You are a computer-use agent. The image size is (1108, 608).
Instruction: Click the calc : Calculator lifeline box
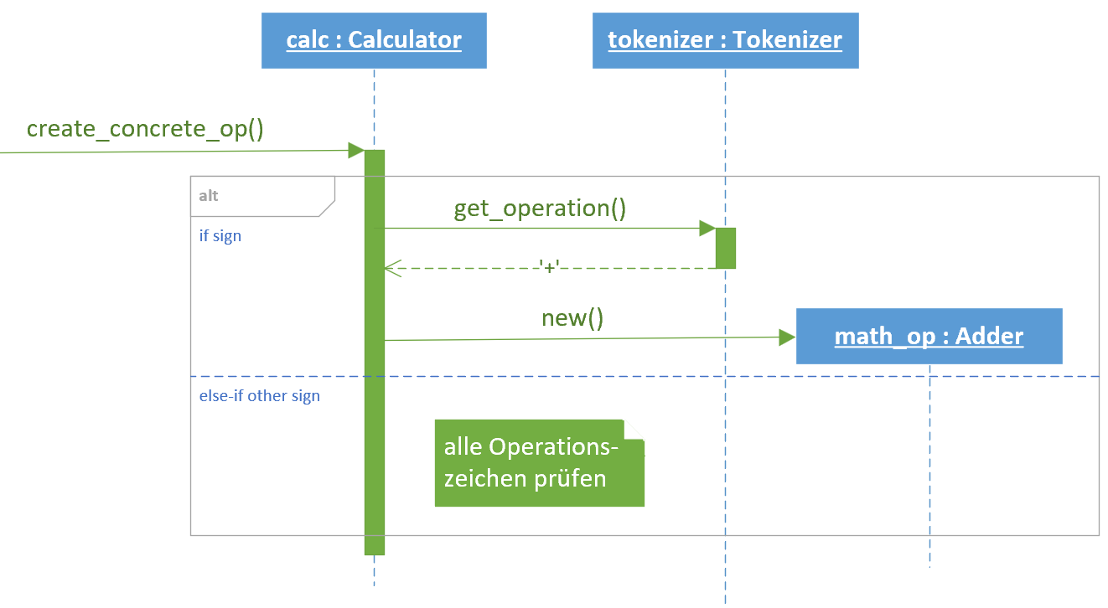[374, 40]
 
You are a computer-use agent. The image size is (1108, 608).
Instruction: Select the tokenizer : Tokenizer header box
[726, 40]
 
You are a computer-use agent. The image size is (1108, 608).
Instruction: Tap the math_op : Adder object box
[929, 336]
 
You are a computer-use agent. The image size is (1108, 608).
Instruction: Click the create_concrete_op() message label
[145, 129]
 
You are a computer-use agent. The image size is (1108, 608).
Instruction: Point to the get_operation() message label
[540, 208]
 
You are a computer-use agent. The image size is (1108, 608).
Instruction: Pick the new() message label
[572, 318]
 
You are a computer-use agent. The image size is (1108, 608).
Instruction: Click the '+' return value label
[549, 267]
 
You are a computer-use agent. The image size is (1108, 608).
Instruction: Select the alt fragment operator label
[208, 196]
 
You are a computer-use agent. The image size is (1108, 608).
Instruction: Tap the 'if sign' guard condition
[220, 236]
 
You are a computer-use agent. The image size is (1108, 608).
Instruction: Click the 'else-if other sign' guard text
[260, 395]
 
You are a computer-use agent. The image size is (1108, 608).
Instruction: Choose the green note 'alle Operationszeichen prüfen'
[540, 463]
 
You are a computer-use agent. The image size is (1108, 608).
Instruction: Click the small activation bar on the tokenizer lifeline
[726, 248]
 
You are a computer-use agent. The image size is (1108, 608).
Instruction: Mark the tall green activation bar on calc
[375, 353]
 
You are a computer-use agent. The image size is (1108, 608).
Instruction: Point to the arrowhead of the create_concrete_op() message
[357, 150]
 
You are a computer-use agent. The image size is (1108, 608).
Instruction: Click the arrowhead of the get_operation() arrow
[708, 229]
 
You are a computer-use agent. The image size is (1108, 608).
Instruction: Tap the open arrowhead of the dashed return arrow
[393, 269]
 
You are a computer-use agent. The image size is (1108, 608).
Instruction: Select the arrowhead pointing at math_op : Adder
[788, 337]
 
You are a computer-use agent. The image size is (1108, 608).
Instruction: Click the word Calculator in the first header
[405, 39]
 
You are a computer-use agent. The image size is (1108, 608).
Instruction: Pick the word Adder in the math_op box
[989, 336]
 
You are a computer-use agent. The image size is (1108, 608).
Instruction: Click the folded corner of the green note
[634, 430]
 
